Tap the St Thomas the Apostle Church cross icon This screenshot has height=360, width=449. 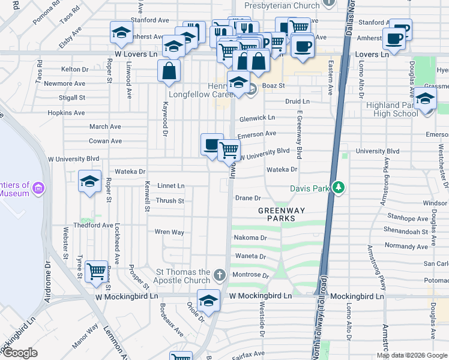[220, 275]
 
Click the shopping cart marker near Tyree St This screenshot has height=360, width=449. [96, 272]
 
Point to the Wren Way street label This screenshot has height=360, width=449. [169, 232]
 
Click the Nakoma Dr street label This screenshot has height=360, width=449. [250, 238]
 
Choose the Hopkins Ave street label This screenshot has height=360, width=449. [67, 113]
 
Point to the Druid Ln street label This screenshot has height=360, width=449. [297, 102]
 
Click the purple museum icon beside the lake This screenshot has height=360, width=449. [40, 188]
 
